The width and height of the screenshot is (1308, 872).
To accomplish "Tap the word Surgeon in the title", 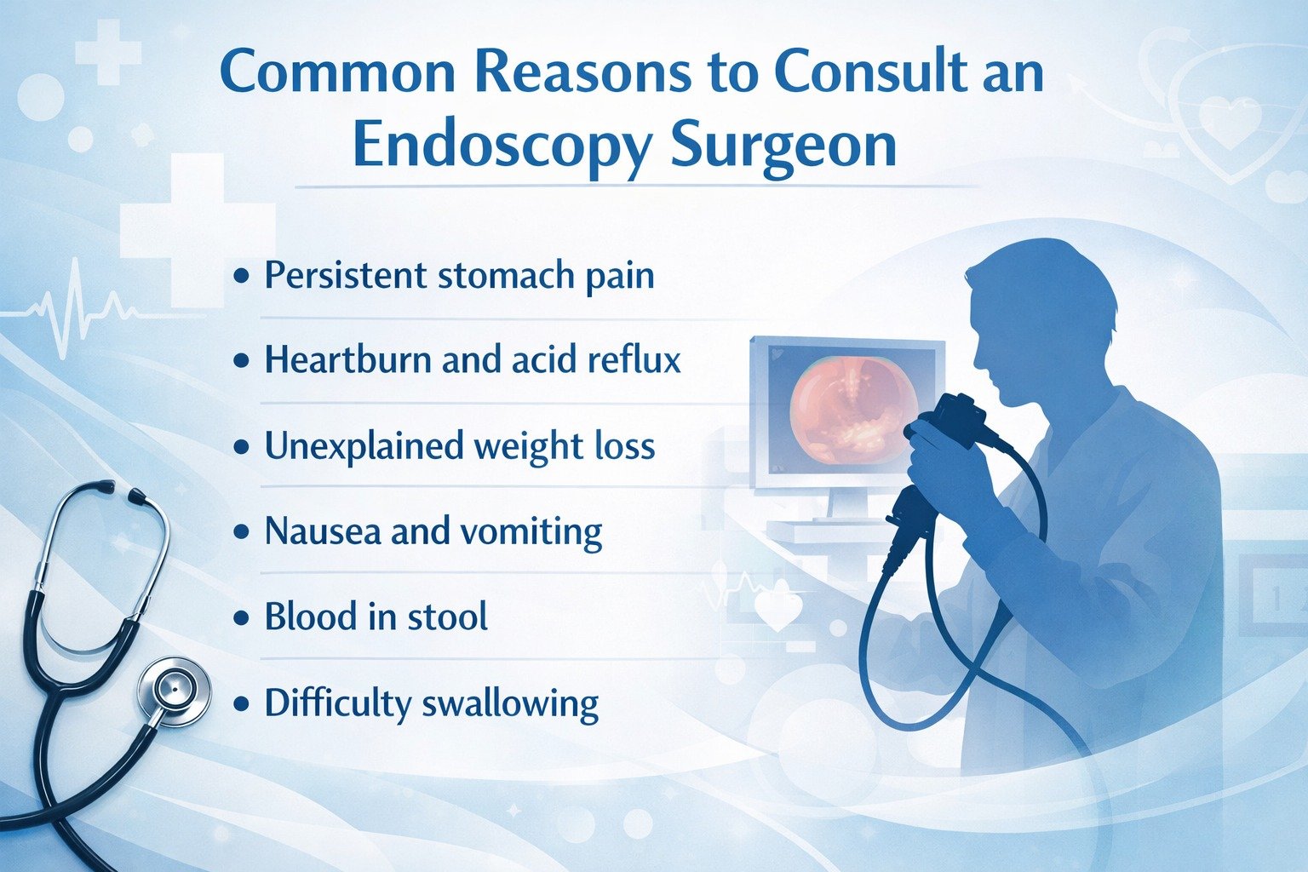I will click(783, 146).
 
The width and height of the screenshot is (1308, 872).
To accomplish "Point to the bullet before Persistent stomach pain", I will click(243, 277).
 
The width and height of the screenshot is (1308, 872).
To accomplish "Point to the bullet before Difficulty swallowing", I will click(243, 704).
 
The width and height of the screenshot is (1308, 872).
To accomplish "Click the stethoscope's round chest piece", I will click(174, 690).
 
